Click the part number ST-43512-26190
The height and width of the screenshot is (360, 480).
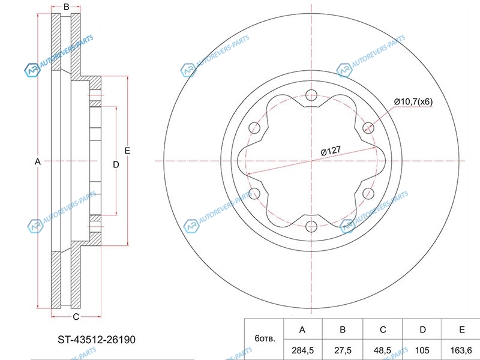point(97,340)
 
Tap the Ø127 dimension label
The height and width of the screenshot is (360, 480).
point(331,151)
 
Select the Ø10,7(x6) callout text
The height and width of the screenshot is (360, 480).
point(413,101)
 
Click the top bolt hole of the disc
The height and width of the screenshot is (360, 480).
point(311,95)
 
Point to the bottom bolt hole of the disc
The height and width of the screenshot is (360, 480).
point(311,226)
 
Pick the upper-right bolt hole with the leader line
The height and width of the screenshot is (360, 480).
point(368,128)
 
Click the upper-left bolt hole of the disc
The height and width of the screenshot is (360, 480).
point(254,128)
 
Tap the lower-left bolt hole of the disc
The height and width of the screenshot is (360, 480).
point(254,193)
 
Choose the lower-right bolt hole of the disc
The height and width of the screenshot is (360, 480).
point(368,193)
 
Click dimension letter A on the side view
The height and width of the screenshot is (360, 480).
point(37,161)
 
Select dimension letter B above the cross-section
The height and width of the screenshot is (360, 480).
point(66,7)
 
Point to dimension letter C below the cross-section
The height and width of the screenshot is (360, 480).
point(76,317)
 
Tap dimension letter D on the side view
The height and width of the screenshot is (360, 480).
point(116,164)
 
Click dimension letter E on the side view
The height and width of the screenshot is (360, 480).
point(127,151)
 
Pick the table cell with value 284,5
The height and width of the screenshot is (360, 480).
point(303,350)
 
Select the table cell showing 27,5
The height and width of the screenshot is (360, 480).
point(343,350)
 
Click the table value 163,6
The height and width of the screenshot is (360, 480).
point(461,350)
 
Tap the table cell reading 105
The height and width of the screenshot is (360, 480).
point(422,350)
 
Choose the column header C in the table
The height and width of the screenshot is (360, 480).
point(383,329)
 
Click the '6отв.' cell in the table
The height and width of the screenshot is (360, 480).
point(265,338)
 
